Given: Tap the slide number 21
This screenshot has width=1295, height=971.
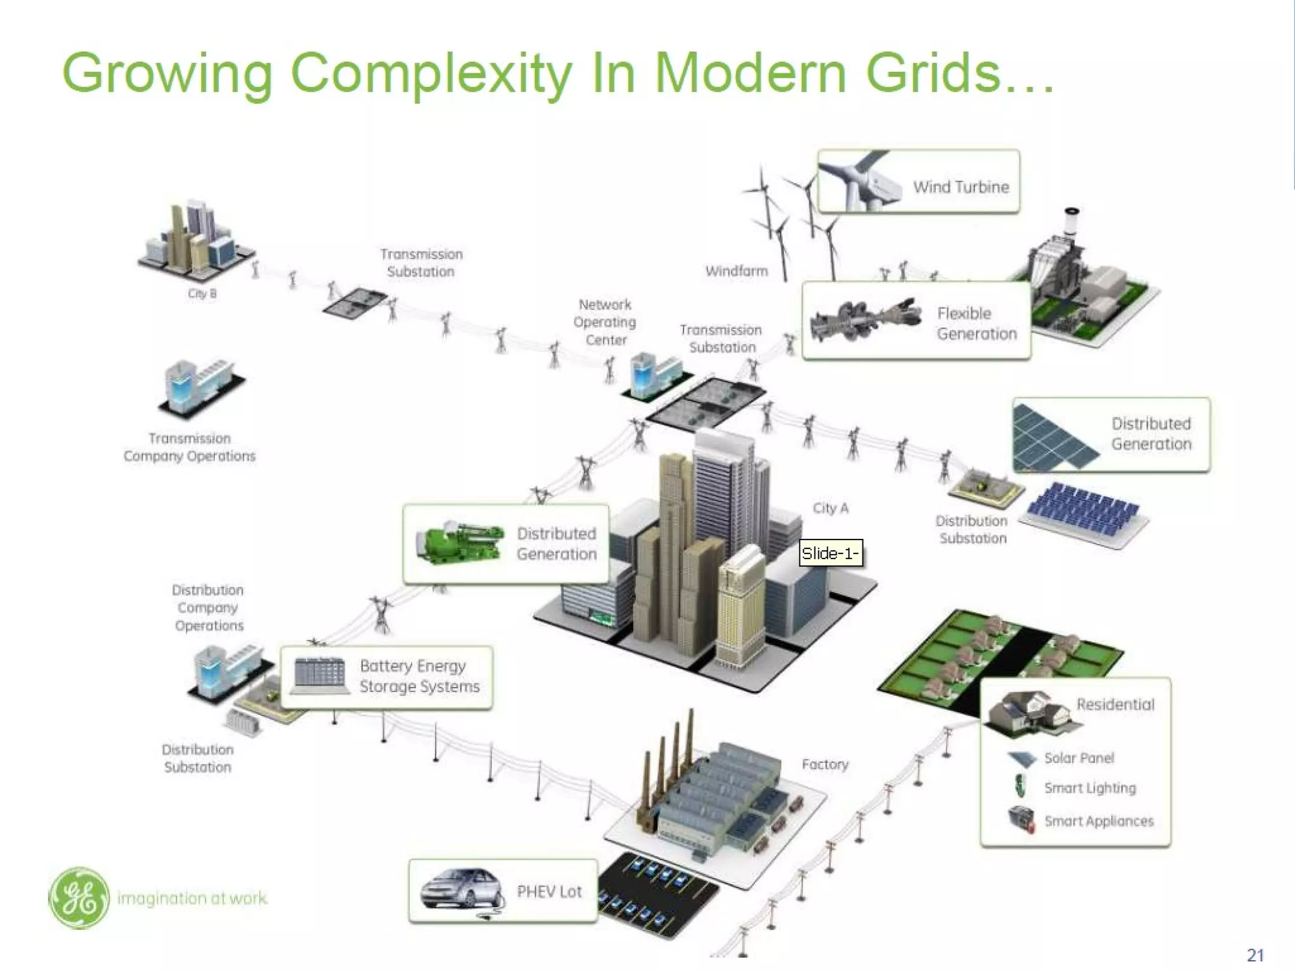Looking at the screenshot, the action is click(1255, 955).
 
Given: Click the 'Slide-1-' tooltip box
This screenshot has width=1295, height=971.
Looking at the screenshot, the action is click(830, 554).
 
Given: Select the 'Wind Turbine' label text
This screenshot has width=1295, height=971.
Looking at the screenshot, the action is click(961, 187).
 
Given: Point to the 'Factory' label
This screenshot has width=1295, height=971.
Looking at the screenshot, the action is click(825, 764).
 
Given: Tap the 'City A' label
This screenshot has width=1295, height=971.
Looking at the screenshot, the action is click(830, 508).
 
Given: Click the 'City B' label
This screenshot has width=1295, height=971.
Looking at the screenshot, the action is click(202, 294).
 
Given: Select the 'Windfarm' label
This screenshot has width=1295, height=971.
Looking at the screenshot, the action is click(737, 271).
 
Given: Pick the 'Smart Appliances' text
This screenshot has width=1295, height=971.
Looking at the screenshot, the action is click(1098, 820).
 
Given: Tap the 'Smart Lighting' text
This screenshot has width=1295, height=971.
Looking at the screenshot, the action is click(1089, 788).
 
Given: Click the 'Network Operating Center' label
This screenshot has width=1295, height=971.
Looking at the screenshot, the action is click(605, 322).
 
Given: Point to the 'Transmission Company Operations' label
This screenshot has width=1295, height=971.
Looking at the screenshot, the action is click(190, 447).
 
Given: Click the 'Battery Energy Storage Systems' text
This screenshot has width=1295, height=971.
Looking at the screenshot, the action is click(419, 676).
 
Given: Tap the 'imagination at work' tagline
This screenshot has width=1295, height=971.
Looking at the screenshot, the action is click(192, 898).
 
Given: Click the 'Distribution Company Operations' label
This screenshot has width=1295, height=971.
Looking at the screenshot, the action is click(208, 607).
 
